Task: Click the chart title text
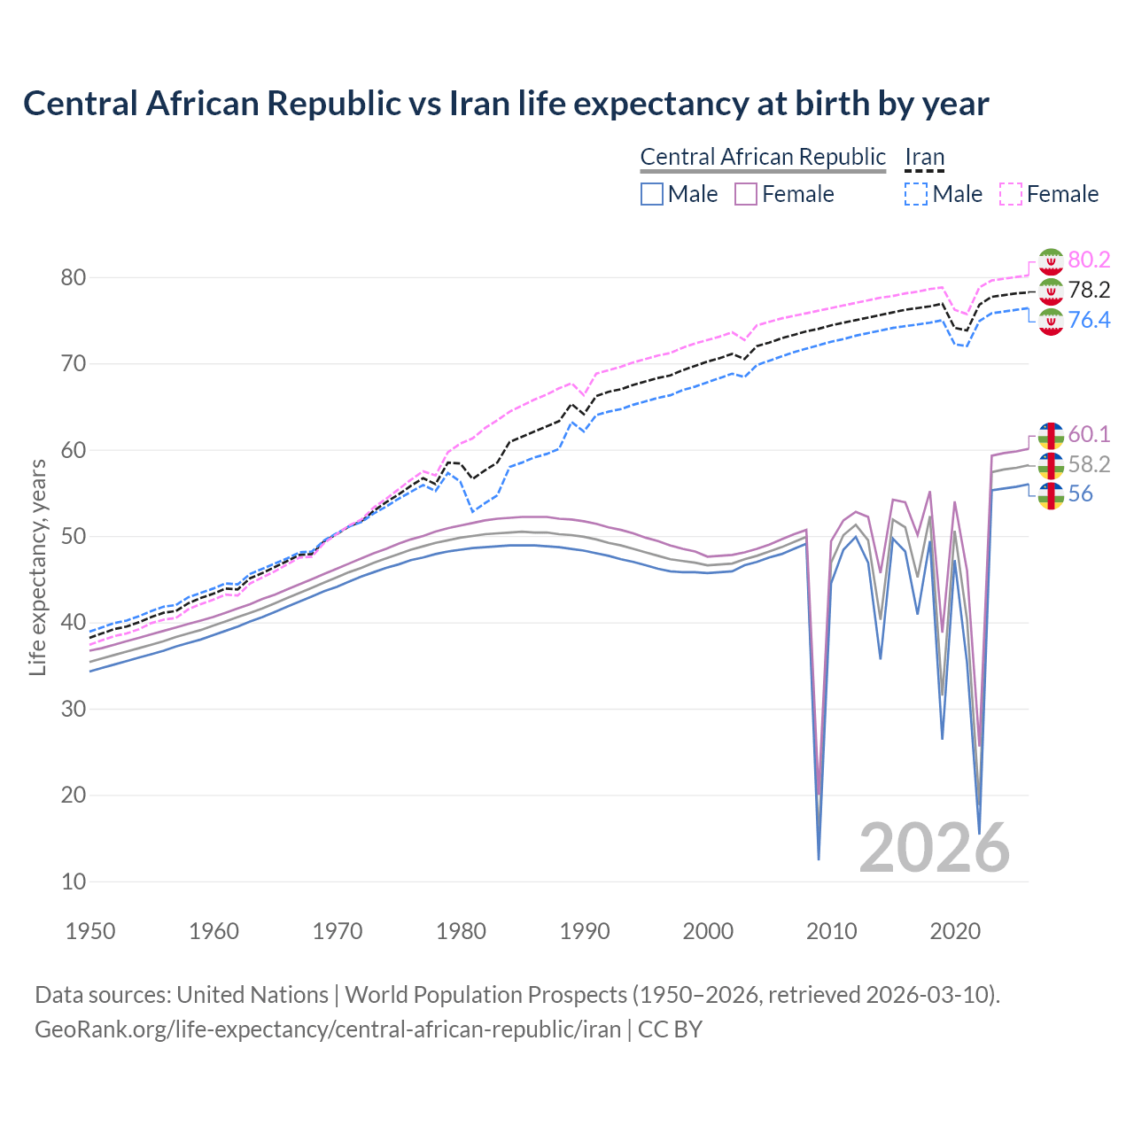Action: pyautogui.click(x=505, y=104)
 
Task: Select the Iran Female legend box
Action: pyautogui.click(x=1011, y=194)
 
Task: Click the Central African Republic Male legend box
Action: pyautogui.click(x=652, y=194)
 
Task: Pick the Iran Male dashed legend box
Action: pyautogui.click(x=916, y=194)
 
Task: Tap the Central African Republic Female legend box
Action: pyautogui.click(x=746, y=194)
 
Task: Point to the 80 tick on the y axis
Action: pyautogui.click(x=74, y=277)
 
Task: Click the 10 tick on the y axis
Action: pyautogui.click(x=74, y=882)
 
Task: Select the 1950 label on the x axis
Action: pyautogui.click(x=90, y=931)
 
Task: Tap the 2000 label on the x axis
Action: pyautogui.click(x=708, y=931)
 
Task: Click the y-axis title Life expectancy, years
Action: pyautogui.click(x=37, y=567)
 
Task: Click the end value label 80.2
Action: pyautogui.click(x=1089, y=260)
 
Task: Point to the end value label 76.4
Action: pyautogui.click(x=1089, y=320)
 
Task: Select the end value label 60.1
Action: pyautogui.click(x=1089, y=434)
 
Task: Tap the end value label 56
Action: pyautogui.click(x=1080, y=494)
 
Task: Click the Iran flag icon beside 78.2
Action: pyautogui.click(x=1051, y=291)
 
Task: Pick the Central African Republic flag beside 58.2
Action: pyautogui.click(x=1051, y=465)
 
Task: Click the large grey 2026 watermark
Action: pyautogui.click(x=934, y=848)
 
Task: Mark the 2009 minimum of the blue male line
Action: pyautogui.click(x=819, y=858)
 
